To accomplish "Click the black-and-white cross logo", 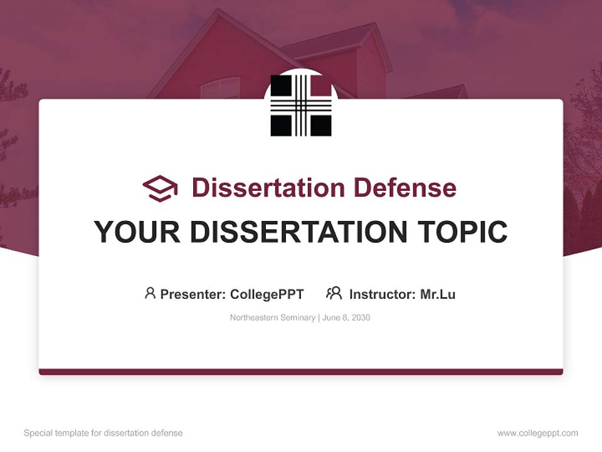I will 301,105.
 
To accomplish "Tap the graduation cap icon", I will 160,188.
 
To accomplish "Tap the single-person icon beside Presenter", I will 150,293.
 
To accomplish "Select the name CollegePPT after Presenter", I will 267,294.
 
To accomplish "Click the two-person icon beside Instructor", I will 334,293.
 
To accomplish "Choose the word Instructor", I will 381,294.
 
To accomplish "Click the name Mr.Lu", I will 438,294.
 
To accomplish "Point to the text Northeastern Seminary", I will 272,318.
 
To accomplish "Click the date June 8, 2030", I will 346,318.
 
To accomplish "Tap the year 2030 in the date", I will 361,318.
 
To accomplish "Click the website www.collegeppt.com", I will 537,433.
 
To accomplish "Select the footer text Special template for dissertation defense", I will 103,433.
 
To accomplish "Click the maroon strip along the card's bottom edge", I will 301,372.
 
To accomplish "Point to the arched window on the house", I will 220,88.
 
